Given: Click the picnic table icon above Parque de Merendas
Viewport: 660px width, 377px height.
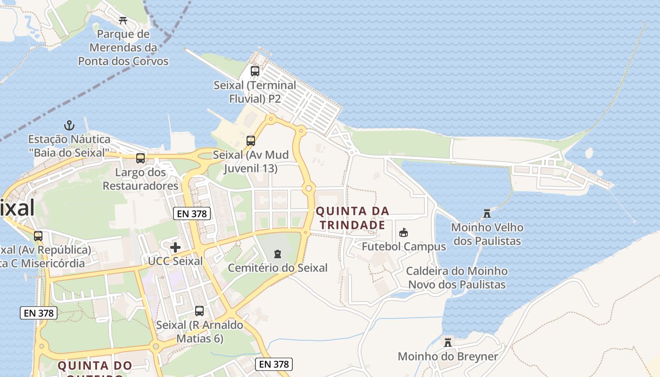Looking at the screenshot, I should [x=123, y=20].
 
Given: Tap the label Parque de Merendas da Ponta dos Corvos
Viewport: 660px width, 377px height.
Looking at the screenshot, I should [x=123, y=48].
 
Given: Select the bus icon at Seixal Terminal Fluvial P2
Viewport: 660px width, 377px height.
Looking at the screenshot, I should [x=255, y=71].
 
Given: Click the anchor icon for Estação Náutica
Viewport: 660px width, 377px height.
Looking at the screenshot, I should [x=69, y=125].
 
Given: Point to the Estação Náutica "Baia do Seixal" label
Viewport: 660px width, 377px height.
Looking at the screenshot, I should [x=69, y=146].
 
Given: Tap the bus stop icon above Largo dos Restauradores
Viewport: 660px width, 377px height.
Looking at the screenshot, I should [x=140, y=158].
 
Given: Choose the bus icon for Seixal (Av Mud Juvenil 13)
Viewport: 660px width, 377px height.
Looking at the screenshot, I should [x=251, y=140].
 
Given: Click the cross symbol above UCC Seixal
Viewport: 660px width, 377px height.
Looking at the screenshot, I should [x=175, y=247].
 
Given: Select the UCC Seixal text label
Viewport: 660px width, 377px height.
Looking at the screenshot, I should [x=175, y=261].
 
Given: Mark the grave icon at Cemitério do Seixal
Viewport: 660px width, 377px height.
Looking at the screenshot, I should [x=278, y=254].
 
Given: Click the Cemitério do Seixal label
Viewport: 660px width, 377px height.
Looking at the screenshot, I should [x=278, y=268].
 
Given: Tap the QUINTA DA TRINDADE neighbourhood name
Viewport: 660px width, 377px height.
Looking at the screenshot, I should [x=353, y=218].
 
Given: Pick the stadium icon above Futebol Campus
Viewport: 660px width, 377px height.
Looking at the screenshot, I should [x=404, y=232].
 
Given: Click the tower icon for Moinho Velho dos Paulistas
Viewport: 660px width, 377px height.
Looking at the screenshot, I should [x=487, y=213].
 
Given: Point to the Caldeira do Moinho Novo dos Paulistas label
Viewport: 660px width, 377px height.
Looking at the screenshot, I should [x=457, y=278].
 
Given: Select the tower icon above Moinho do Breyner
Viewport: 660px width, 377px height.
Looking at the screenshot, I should [x=448, y=342].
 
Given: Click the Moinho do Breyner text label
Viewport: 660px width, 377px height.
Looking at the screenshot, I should [x=448, y=356].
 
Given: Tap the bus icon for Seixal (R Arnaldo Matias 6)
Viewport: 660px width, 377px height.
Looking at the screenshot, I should [x=199, y=311].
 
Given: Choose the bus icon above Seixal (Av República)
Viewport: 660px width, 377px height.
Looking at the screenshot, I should [x=38, y=236].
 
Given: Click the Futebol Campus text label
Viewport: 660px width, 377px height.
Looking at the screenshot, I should [x=404, y=246].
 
